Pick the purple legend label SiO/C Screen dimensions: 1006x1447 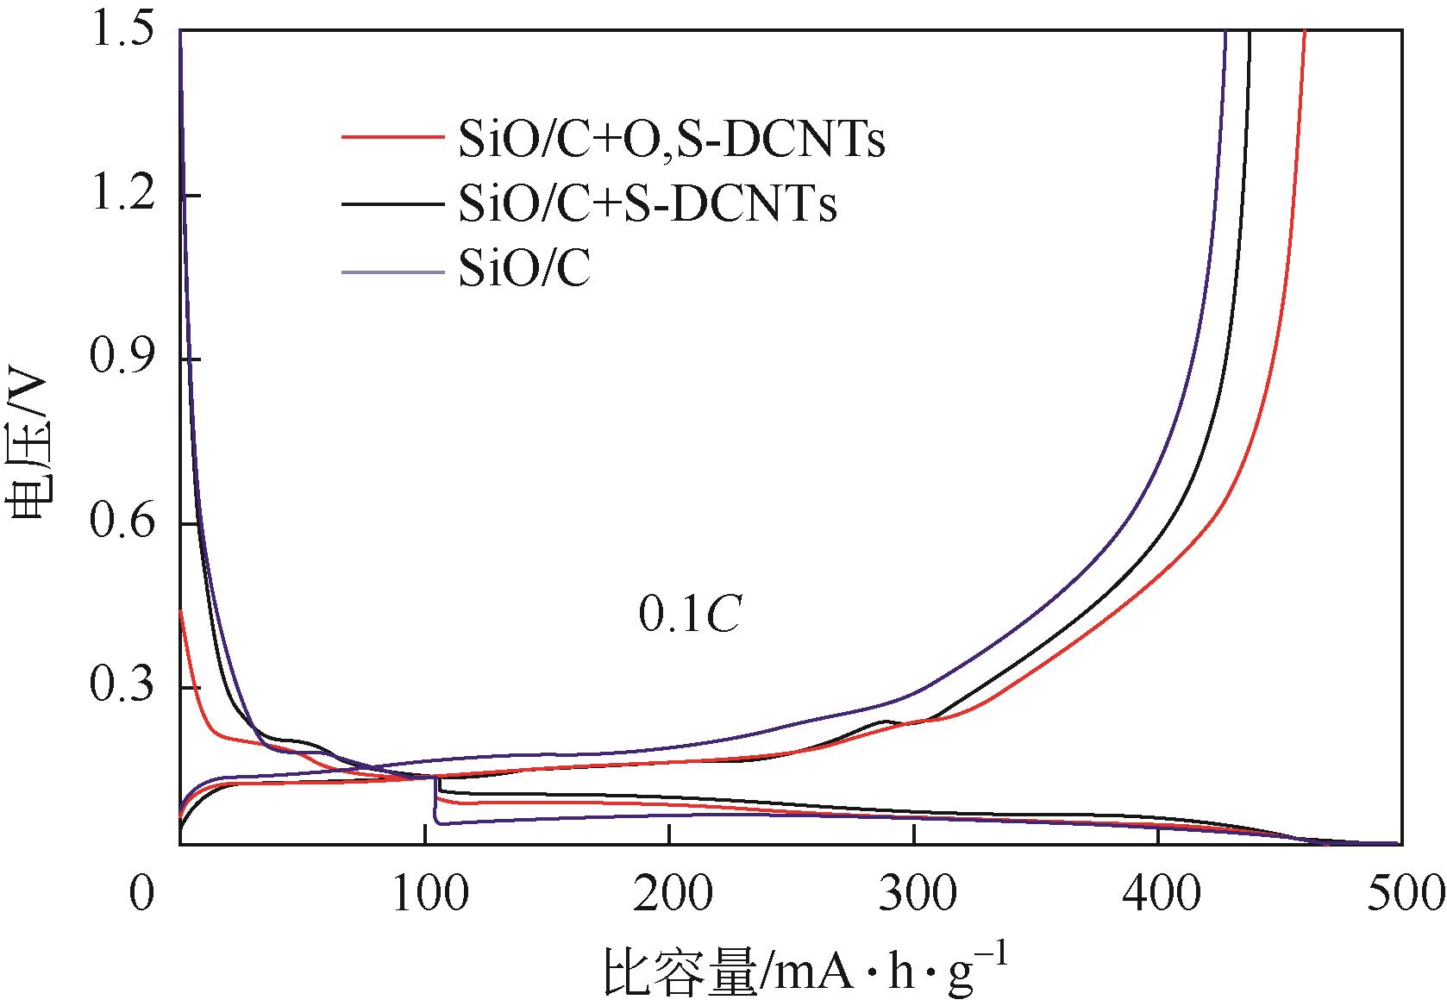click(x=524, y=271)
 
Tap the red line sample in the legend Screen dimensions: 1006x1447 click(x=392, y=137)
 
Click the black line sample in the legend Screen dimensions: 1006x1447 click(x=392, y=204)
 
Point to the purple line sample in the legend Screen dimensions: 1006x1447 click(x=392, y=272)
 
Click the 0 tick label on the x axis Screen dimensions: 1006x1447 click(x=141, y=894)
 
